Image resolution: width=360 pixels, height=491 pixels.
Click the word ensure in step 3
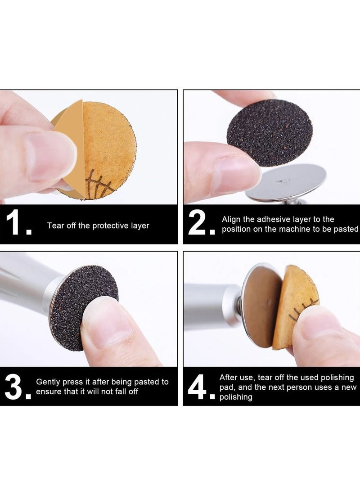tap(47, 392)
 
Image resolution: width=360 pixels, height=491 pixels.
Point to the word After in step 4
tap(229, 377)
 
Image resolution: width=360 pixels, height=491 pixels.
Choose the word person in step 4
tap(300, 387)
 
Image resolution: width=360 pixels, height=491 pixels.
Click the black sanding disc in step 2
tap(269, 132)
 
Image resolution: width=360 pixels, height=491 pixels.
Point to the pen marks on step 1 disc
tap(97, 185)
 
